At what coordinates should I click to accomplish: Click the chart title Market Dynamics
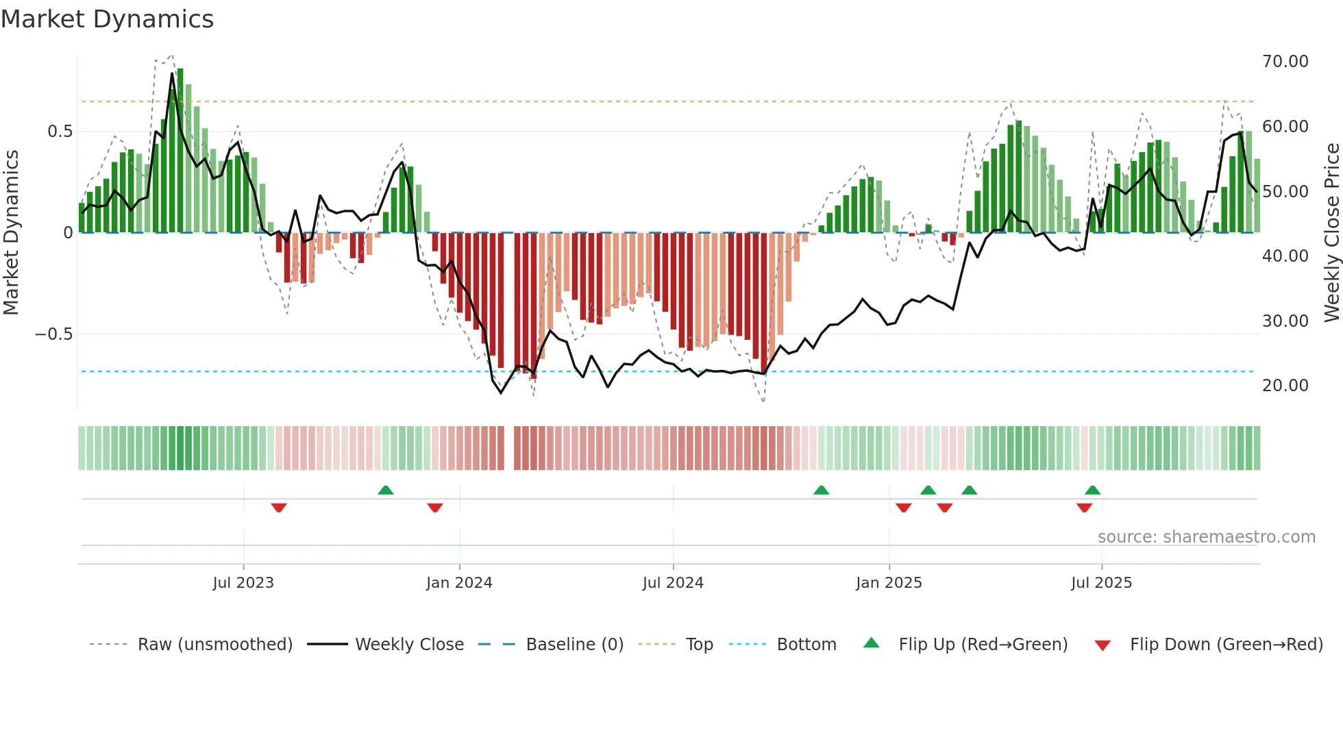coord(108,19)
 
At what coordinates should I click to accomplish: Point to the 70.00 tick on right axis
coord(1285,62)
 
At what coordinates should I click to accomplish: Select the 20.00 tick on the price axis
coord(1285,386)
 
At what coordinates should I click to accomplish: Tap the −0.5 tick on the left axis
coord(53,334)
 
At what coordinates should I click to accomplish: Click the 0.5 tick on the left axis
coord(60,132)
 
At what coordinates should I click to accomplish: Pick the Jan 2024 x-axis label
coord(459,583)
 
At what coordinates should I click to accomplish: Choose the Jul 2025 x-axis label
coord(1101,583)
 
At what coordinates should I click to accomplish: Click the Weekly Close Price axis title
coord(1331,233)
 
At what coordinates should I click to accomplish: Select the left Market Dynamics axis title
coord(11,233)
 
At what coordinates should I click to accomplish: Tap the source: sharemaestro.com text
coord(1206,537)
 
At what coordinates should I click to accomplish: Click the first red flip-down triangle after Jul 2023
coord(279,508)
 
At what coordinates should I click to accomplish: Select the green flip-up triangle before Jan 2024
coord(386,490)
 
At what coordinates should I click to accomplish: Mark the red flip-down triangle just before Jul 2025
coord(1084,508)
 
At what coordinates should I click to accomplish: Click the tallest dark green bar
coord(180,151)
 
